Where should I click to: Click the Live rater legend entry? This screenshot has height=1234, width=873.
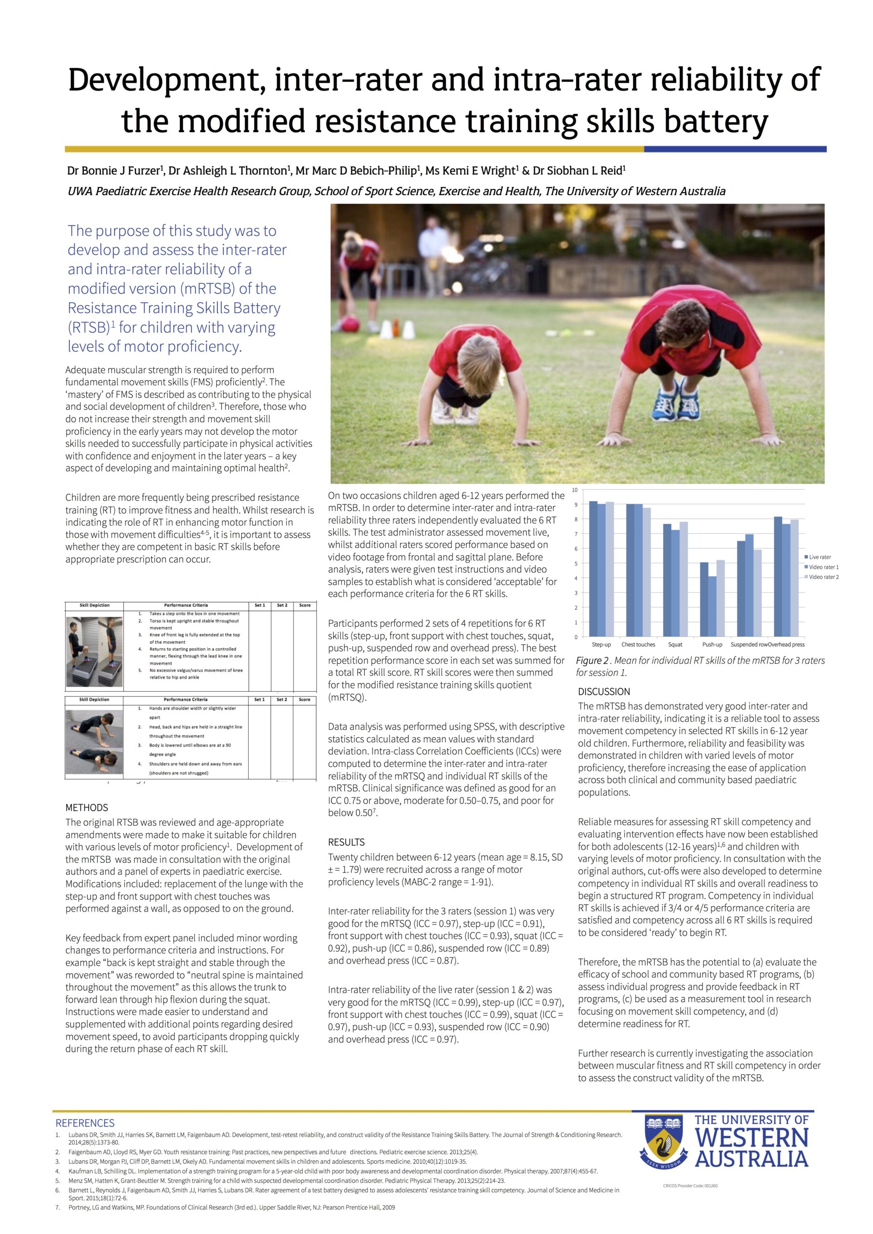pyautogui.click(x=820, y=557)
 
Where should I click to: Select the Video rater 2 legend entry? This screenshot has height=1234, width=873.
pyautogui.click(x=823, y=577)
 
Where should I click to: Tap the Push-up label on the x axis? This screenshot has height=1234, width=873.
pyautogui.click(x=712, y=644)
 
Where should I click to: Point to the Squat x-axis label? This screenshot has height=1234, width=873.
pyautogui.click(x=675, y=644)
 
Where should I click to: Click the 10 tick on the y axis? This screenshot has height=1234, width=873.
pyautogui.click(x=575, y=490)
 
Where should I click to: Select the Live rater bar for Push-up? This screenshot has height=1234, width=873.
pyautogui.click(x=704, y=599)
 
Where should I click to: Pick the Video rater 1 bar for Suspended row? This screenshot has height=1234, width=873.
pyautogui.click(x=750, y=585)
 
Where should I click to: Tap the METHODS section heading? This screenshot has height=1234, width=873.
pyautogui.click(x=87, y=808)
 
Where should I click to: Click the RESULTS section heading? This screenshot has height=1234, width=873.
pyautogui.click(x=346, y=842)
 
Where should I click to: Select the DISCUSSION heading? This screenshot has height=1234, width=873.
pyautogui.click(x=604, y=692)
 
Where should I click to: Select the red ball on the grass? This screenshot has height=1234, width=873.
pyautogui.click(x=350, y=324)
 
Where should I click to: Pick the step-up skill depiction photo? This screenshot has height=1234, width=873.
pyautogui.click(x=94, y=651)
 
